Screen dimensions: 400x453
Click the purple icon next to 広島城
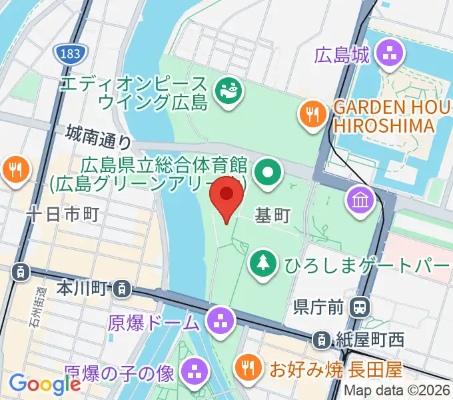(x=389, y=54)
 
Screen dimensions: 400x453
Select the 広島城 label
(x=342, y=55)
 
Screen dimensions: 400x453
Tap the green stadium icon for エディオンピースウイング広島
(x=227, y=91)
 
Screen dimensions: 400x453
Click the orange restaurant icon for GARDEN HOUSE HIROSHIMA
(x=311, y=113)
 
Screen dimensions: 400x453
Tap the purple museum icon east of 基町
(x=359, y=199)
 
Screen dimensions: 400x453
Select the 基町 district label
(x=273, y=216)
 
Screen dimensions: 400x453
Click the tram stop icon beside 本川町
(x=122, y=289)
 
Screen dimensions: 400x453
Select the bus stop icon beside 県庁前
(x=360, y=307)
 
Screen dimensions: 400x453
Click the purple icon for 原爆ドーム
(x=219, y=321)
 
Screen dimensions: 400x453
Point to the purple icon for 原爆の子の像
(x=195, y=371)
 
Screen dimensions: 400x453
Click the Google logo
(x=45, y=384)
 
